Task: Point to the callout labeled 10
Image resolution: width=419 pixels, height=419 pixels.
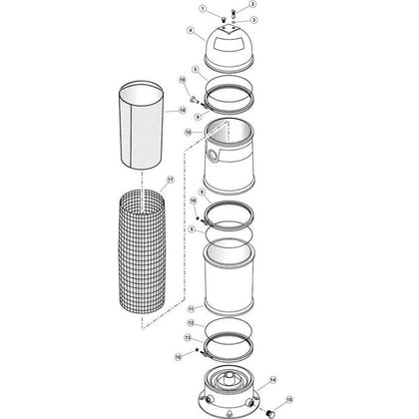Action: click(188, 131)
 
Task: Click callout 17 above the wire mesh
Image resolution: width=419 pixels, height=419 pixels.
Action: click(171, 180)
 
